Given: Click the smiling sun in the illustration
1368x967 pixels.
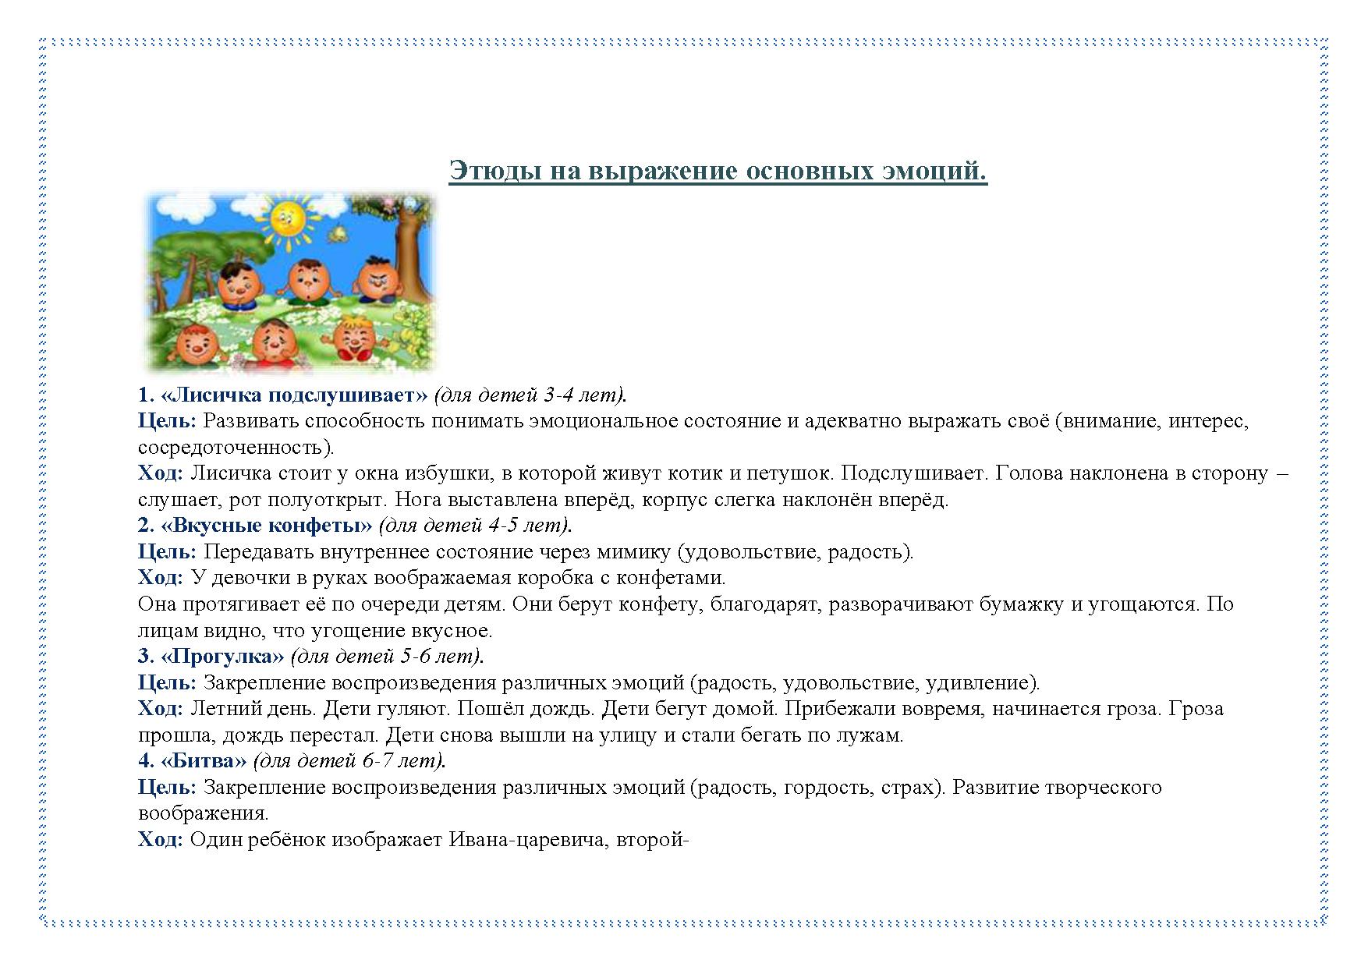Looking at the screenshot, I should point(287,218).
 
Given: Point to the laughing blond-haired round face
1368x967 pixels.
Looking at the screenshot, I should point(355,338).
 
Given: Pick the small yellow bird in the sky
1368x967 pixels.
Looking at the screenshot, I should point(338,232).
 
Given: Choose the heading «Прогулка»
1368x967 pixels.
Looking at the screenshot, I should point(222,657).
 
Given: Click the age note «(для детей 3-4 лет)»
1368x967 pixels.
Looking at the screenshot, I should point(530,395).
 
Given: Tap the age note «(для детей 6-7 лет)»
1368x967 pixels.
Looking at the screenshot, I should point(349,760).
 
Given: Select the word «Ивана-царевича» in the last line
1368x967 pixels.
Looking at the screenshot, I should point(526,840).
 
